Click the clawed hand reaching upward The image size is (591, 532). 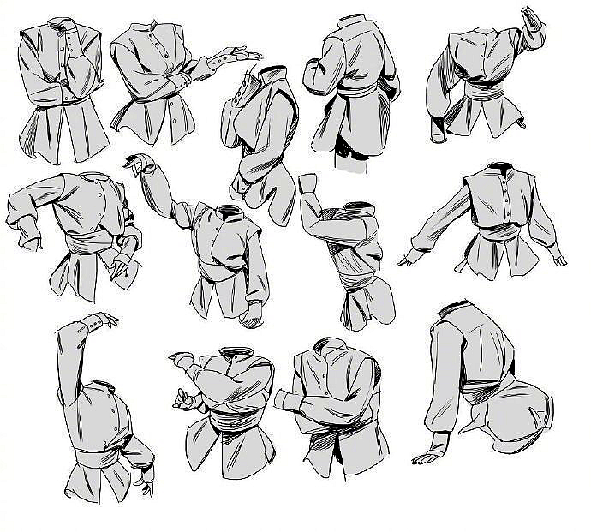(137, 163)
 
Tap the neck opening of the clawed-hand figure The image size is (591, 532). (228, 211)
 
